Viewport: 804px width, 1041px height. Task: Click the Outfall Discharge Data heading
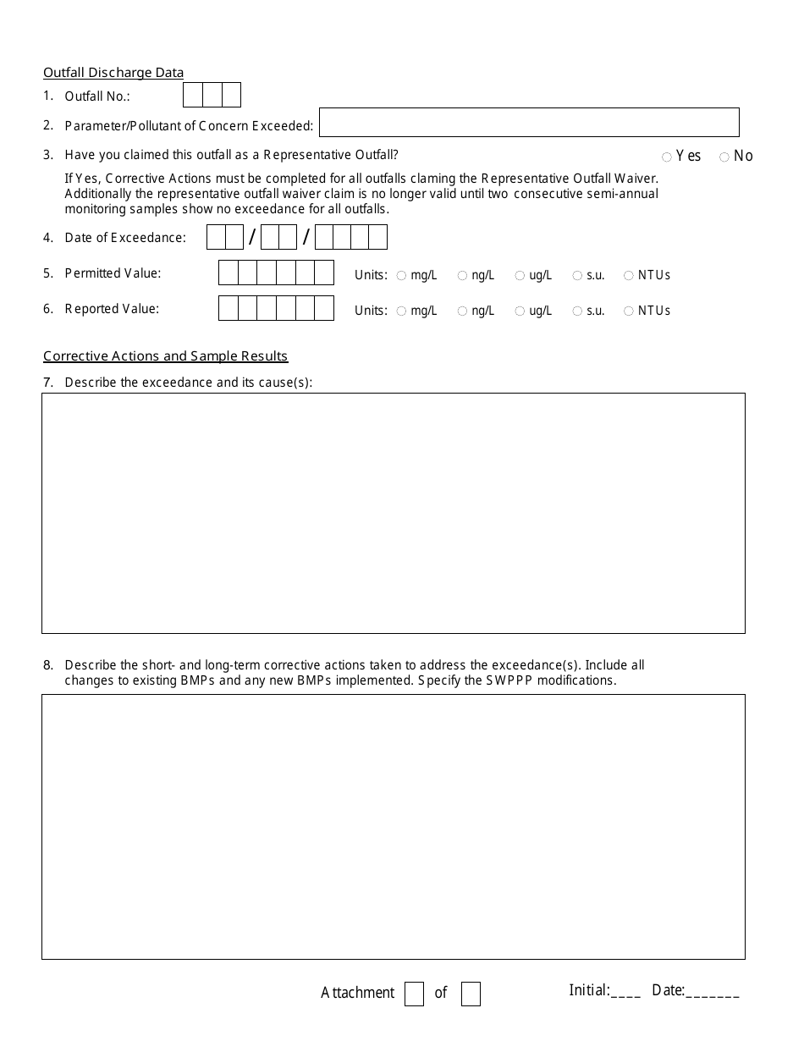click(113, 73)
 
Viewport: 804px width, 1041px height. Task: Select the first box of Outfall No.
click(193, 95)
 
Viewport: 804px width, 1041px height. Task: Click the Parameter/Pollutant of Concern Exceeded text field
click(528, 123)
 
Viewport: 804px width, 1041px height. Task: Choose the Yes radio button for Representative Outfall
click(667, 157)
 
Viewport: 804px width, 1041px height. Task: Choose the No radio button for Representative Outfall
click(724, 157)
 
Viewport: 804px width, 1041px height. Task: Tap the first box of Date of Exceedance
click(216, 238)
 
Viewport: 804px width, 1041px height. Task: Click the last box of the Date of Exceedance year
click(377, 238)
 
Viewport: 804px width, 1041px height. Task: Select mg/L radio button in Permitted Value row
click(402, 276)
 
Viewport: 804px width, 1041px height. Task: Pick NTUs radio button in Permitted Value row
click(629, 276)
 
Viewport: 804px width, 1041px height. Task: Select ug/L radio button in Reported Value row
click(520, 311)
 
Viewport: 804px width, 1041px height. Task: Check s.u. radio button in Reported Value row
click(577, 311)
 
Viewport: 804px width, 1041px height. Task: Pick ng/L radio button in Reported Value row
click(462, 311)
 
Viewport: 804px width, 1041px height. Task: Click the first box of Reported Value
click(229, 309)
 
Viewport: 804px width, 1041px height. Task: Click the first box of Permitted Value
click(229, 273)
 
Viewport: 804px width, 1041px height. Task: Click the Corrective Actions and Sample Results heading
click(166, 356)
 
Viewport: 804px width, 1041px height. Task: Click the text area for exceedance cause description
click(394, 513)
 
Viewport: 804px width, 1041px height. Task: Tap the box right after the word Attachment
click(414, 994)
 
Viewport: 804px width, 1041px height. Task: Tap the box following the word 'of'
click(471, 994)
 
